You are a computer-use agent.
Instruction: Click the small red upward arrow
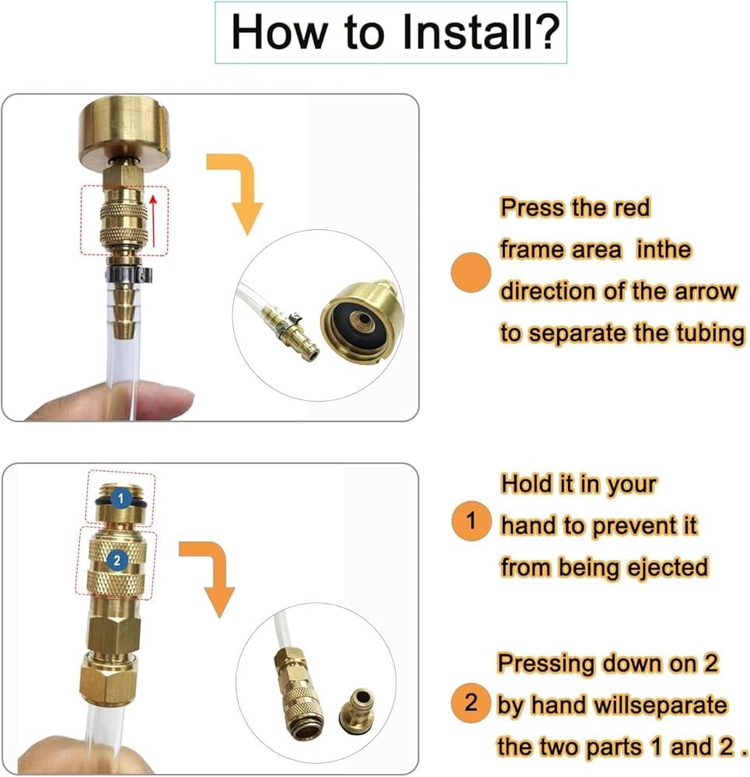click(154, 220)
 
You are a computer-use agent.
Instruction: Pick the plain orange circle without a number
click(471, 272)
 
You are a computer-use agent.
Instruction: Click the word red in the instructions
click(632, 207)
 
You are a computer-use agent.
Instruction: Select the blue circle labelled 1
click(121, 499)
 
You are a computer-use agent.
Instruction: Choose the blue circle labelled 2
click(117, 560)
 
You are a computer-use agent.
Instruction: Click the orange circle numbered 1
click(471, 521)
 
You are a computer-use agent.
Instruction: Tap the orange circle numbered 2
click(470, 702)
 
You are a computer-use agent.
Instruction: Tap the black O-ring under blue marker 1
click(120, 503)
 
